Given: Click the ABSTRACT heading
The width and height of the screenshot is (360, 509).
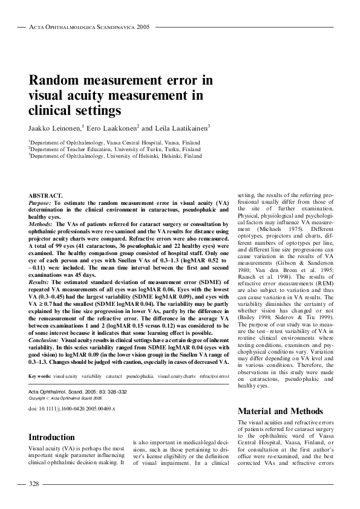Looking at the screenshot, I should tap(45, 195).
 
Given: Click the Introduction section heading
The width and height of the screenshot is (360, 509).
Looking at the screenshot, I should tap(52, 437).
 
